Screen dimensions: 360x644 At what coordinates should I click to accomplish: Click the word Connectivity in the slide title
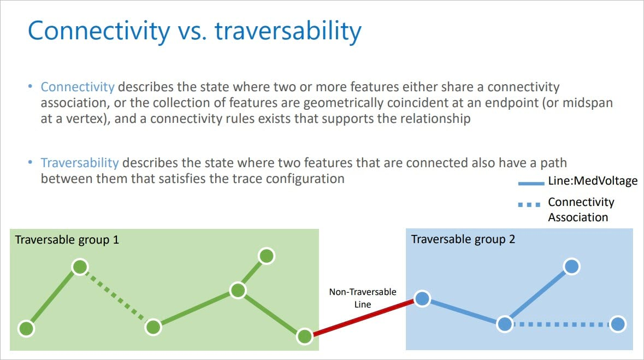pyautogui.click(x=99, y=31)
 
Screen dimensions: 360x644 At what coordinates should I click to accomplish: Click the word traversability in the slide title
pyautogui.click(x=288, y=31)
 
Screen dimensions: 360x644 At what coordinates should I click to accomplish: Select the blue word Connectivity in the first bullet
pyautogui.click(x=78, y=87)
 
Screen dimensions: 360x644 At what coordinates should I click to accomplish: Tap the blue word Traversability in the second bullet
pyautogui.click(x=80, y=163)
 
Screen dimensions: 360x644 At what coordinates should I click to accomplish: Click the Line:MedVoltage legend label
pyautogui.click(x=593, y=181)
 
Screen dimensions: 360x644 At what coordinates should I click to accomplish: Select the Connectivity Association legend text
pyautogui.click(x=581, y=209)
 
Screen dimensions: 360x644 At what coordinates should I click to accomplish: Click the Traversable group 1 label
pyautogui.click(x=67, y=240)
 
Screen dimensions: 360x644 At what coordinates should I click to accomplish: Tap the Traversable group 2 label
pyautogui.click(x=463, y=239)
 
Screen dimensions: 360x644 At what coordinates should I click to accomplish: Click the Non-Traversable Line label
pyautogui.click(x=363, y=298)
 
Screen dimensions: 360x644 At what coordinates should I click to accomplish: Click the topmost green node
pyautogui.click(x=266, y=256)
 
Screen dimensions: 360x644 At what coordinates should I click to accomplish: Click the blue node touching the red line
pyautogui.click(x=422, y=299)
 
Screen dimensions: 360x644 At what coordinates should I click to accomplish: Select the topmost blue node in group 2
pyautogui.click(x=571, y=266)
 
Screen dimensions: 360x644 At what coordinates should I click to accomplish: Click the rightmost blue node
pyautogui.click(x=617, y=324)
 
